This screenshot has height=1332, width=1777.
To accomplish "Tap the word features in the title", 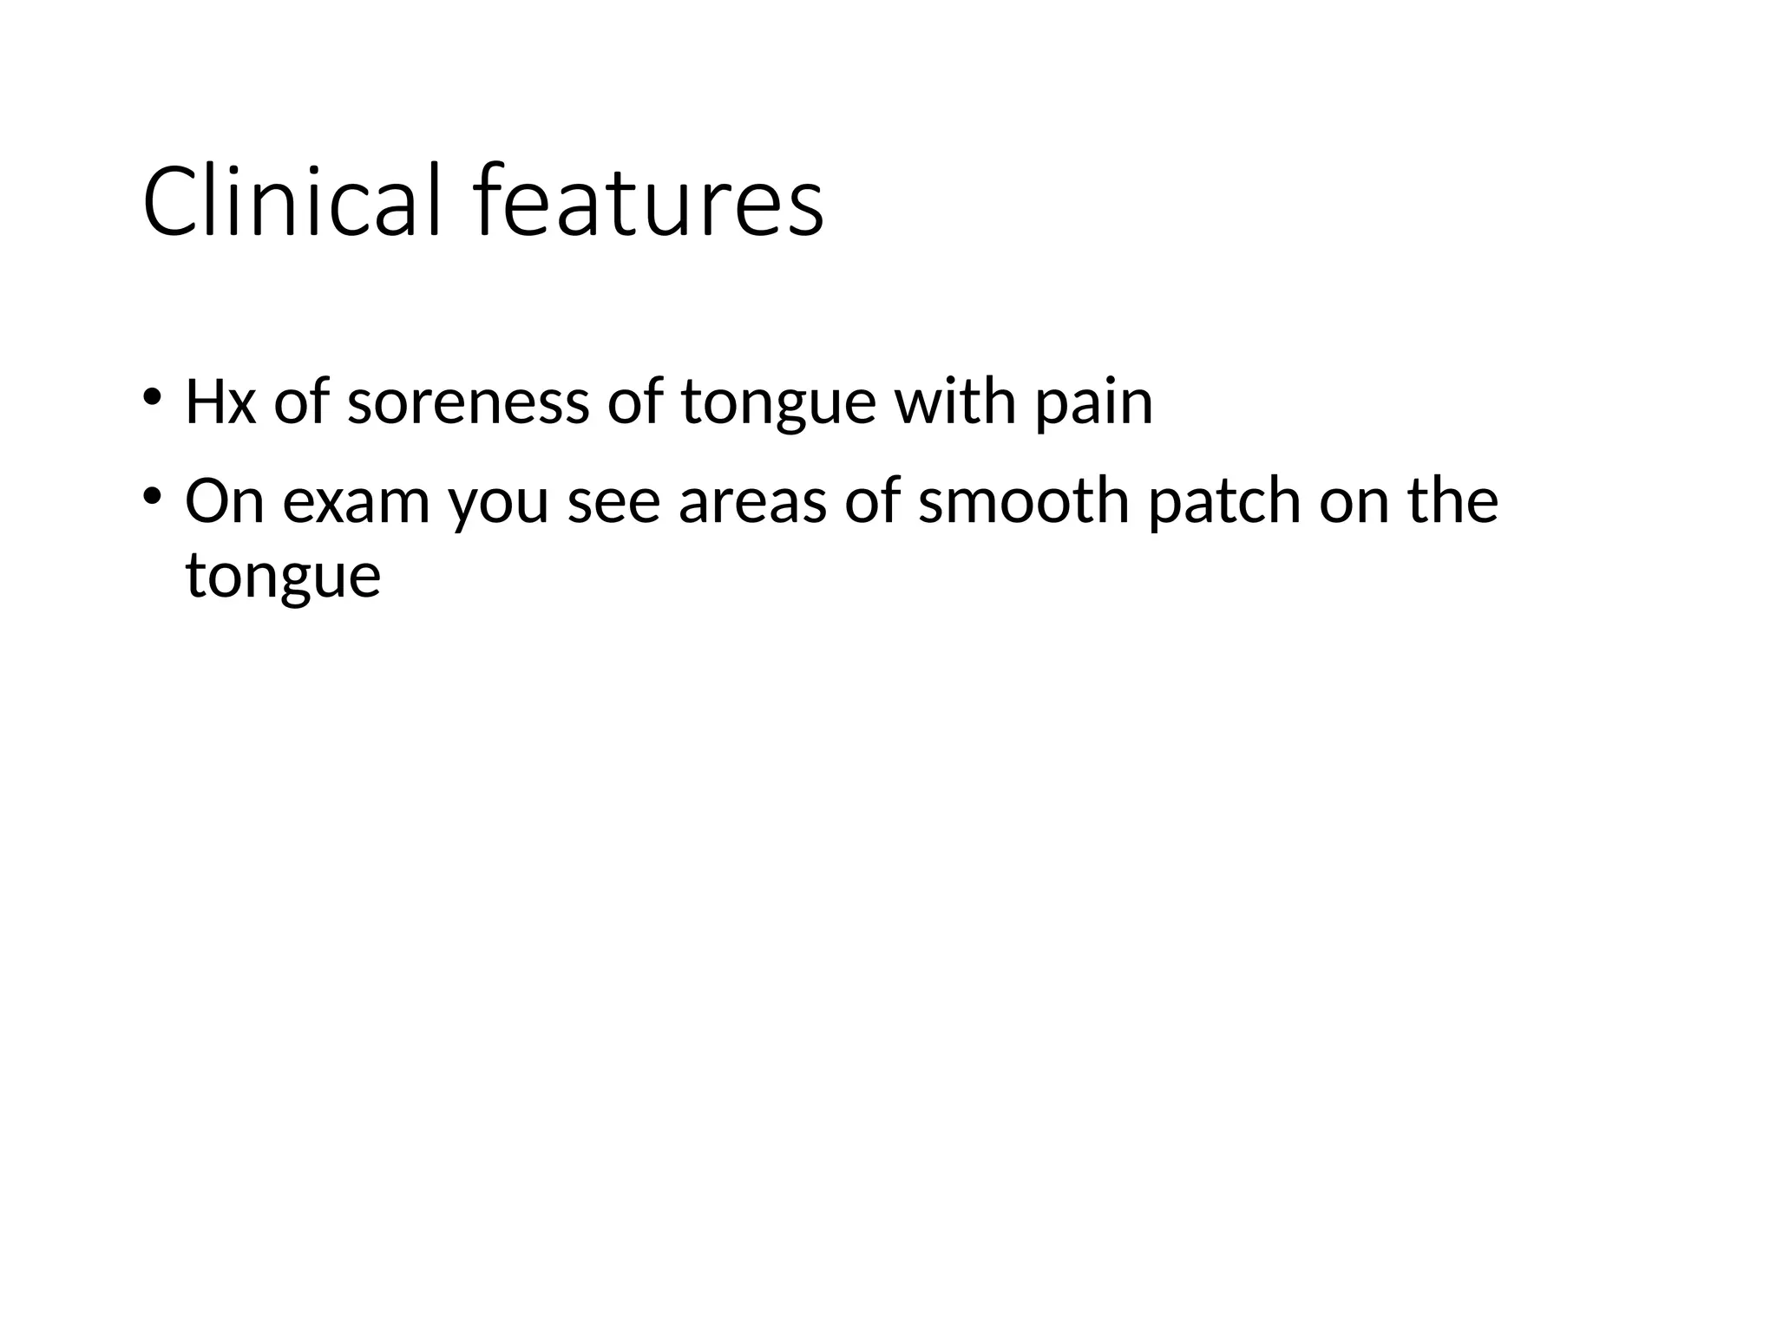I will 649,201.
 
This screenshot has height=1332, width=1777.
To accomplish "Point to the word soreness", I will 468,403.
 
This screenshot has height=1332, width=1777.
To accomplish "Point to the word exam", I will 356,503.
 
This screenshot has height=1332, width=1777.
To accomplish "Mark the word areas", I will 751,503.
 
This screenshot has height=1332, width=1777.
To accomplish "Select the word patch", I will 1224,503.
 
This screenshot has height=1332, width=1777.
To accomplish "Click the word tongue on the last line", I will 283,578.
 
